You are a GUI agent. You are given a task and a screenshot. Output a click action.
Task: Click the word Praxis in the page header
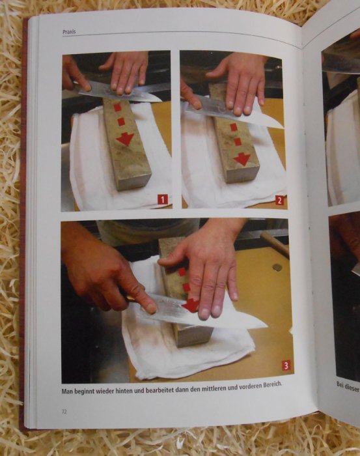tap(69, 32)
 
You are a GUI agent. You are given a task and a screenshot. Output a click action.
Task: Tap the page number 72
tap(64, 412)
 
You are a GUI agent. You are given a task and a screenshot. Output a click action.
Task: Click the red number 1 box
tap(163, 199)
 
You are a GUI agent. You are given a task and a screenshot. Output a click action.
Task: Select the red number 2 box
tap(279, 201)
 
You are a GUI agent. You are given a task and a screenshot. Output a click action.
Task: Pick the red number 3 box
tap(286, 365)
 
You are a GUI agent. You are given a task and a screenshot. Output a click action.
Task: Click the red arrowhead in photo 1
tap(125, 139)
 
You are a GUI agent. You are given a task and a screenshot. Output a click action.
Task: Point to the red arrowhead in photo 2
tap(242, 159)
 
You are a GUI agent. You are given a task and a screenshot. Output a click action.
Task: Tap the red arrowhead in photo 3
tap(190, 305)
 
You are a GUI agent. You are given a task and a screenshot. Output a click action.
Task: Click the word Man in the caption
tap(67, 392)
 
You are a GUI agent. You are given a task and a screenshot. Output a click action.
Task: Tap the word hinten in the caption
tap(125, 391)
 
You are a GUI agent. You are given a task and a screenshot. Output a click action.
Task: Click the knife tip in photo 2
tap(283, 128)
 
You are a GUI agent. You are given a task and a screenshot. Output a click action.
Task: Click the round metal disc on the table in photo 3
tap(277, 267)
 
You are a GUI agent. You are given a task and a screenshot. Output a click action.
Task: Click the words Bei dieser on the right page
tap(348, 387)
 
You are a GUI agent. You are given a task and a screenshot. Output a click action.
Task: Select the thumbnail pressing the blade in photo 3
tap(150, 307)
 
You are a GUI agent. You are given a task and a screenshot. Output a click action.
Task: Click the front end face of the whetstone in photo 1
tap(135, 180)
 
